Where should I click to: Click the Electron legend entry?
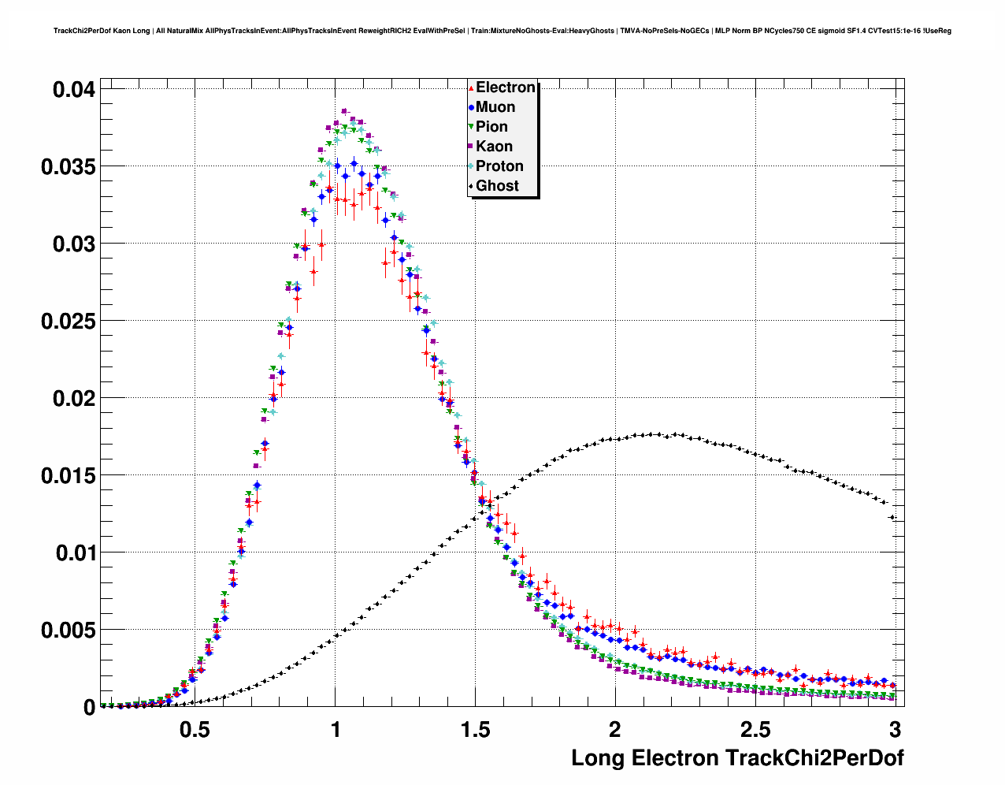505,87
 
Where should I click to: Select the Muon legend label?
495,107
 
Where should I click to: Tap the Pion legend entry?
491,127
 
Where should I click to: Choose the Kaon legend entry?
494,147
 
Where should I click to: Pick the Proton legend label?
499,166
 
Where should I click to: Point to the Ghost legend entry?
497,186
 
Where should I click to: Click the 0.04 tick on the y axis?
73,90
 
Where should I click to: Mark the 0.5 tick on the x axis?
195,730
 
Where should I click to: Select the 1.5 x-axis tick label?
475,730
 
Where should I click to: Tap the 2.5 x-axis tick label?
755,730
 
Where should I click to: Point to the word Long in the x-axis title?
596,758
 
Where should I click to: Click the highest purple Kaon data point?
344,111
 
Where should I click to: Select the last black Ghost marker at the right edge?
892,517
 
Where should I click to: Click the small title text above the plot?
502,31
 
